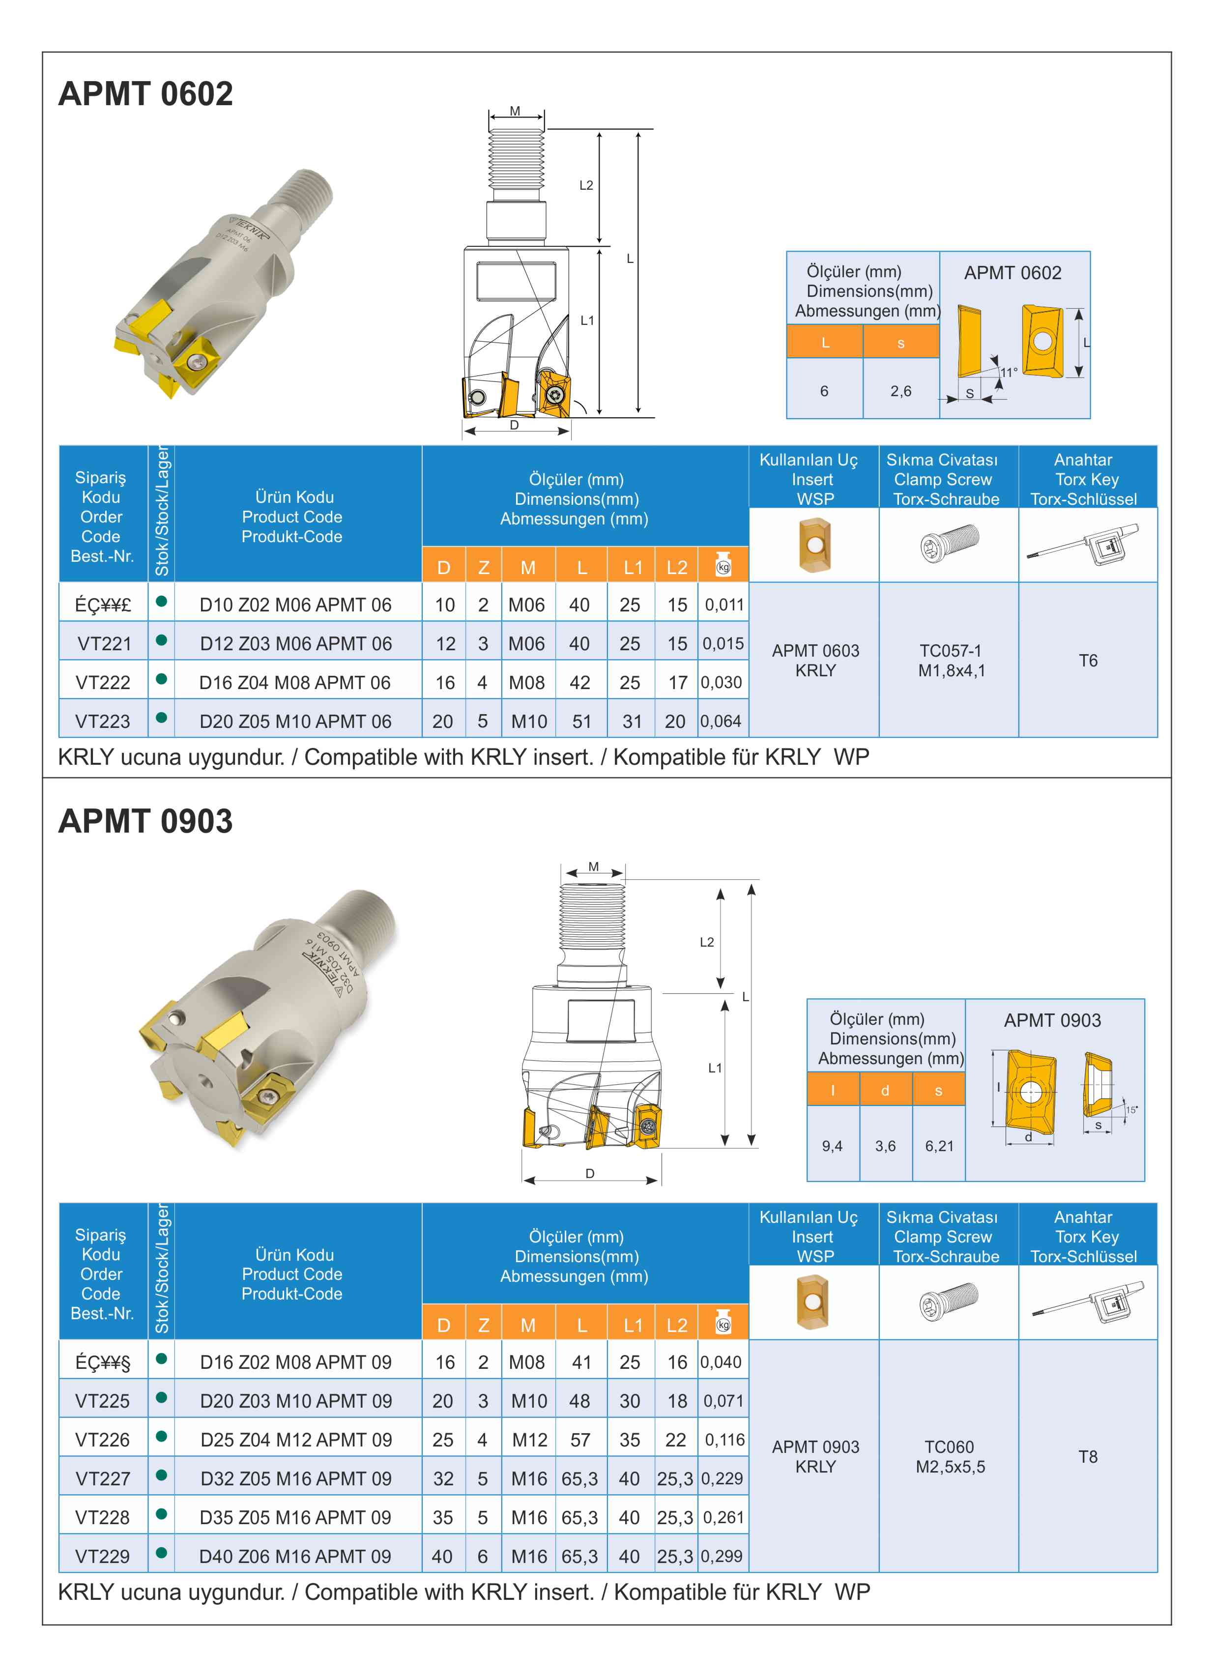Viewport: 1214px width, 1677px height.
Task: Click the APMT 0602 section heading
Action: click(x=145, y=94)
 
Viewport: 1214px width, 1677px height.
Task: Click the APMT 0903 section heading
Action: click(x=145, y=821)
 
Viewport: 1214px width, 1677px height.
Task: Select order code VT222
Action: click(x=103, y=683)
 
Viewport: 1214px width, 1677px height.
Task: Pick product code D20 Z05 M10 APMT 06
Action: click(x=295, y=721)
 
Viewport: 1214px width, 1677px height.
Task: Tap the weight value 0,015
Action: click(x=723, y=643)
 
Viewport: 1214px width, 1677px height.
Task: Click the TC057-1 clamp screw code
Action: click(x=950, y=651)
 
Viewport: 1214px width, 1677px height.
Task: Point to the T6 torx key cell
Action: click(x=1088, y=660)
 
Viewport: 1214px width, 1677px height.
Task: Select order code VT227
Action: click(x=103, y=1479)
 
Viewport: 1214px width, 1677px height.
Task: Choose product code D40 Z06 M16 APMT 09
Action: click(x=295, y=1557)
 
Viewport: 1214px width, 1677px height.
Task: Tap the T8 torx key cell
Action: click(x=1088, y=1457)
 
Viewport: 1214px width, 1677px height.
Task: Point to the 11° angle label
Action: click(x=1009, y=372)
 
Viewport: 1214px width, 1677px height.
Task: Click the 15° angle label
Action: click(x=1131, y=1110)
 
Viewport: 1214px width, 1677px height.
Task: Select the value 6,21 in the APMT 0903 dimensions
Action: click(x=939, y=1146)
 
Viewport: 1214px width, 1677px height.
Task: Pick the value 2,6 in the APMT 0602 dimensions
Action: click(x=900, y=391)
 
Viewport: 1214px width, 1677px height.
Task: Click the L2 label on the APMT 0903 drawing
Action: click(x=707, y=942)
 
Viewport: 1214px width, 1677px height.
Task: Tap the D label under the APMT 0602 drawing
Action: click(x=514, y=425)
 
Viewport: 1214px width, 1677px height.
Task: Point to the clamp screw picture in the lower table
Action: click(x=949, y=1302)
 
